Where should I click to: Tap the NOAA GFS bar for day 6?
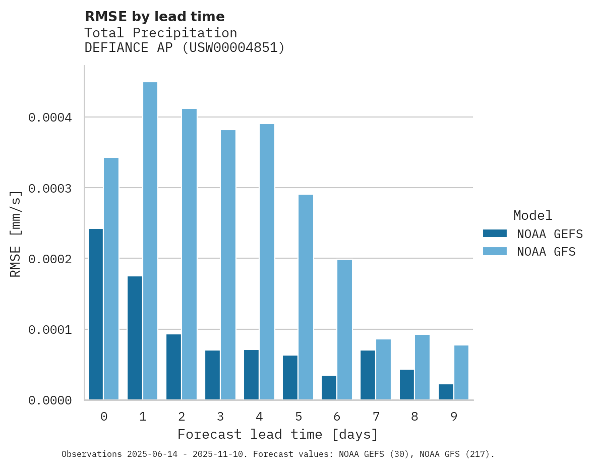(344, 330)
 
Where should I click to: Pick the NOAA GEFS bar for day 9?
(446, 392)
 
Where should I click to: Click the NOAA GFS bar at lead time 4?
(267, 262)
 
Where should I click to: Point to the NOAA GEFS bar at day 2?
(173, 367)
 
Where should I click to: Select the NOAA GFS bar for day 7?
(383, 369)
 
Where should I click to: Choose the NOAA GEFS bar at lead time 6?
(329, 387)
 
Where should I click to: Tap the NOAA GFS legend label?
(546, 251)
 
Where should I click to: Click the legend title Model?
(532, 215)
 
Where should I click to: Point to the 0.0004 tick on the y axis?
(50, 118)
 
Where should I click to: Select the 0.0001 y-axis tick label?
(50, 330)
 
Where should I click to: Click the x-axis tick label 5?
(299, 417)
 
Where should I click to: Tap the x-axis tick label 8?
(414, 417)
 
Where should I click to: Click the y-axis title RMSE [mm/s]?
(16, 233)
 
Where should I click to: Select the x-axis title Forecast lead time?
(278, 434)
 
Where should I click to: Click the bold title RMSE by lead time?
(154, 17)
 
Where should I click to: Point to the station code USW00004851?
(232, 48)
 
